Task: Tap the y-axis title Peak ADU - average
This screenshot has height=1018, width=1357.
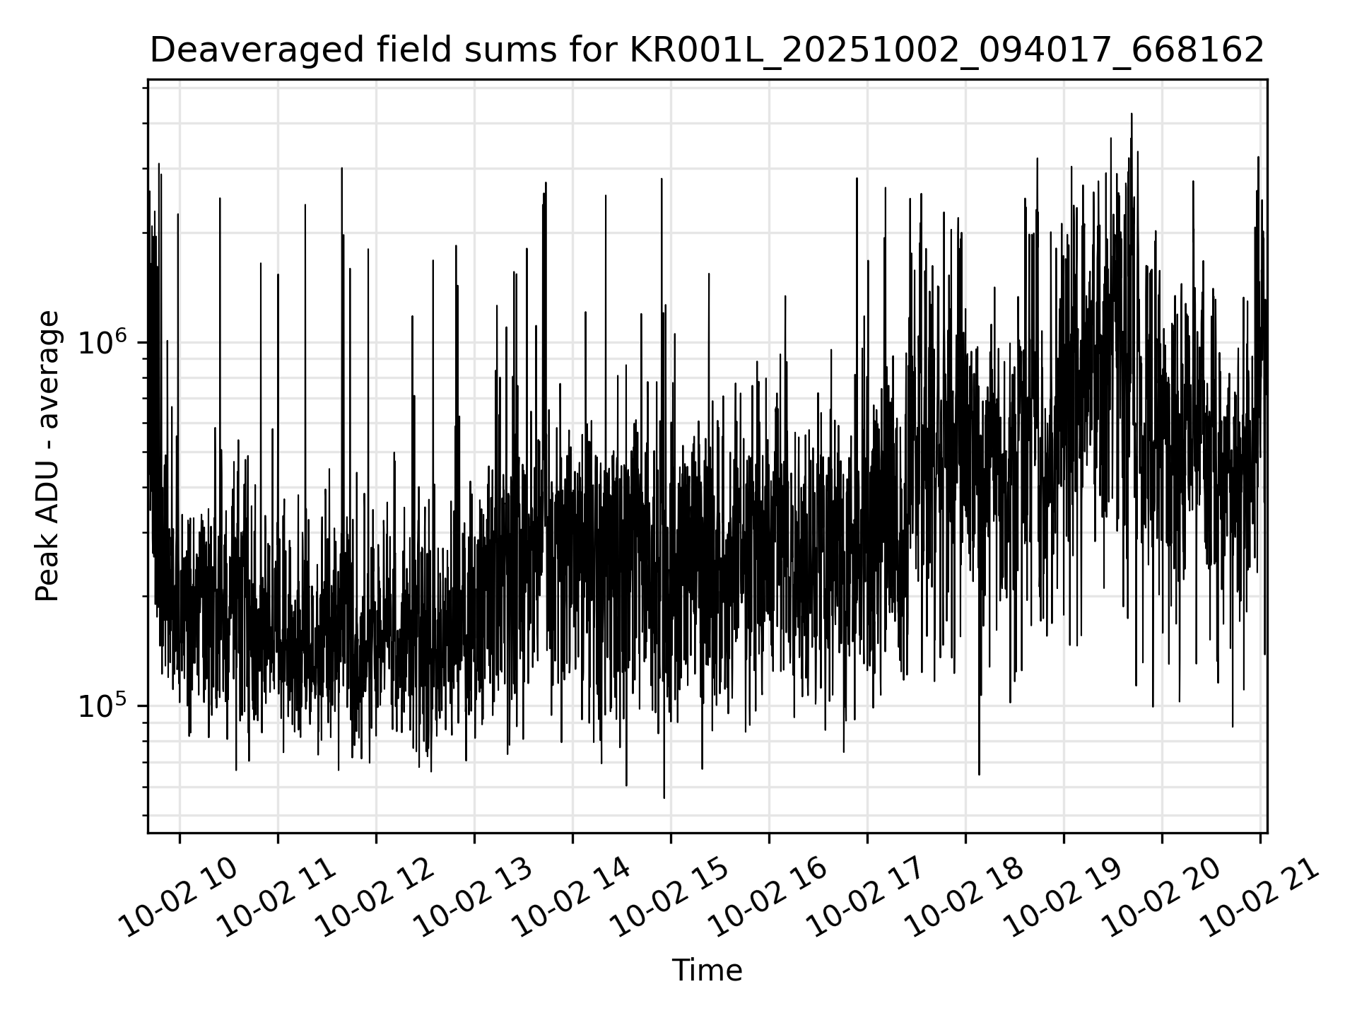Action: coord(47,456)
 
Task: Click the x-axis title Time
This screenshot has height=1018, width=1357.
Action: coord(707,971)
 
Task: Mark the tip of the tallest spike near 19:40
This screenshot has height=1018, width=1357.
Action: coord(1132,114)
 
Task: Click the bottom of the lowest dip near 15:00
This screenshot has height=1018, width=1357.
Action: coord(664,798)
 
